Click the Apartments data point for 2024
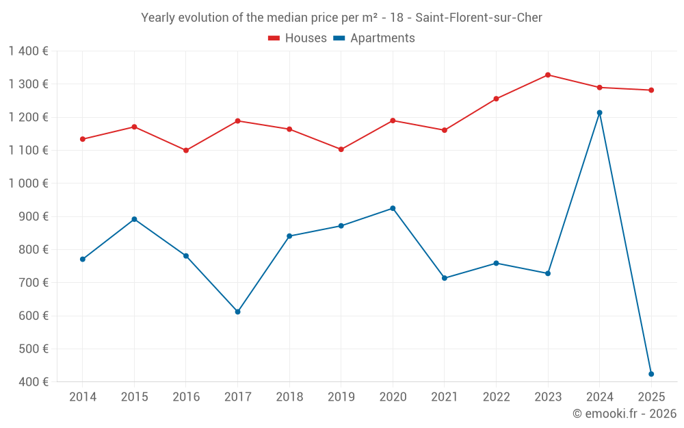pos(599,112)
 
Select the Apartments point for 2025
pos(651,374)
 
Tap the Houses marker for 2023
pos(548,75)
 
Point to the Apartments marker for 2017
pos(237,312)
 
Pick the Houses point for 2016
pos(186,150)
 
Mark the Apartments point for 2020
pos(393,208)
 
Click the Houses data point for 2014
pos(82,139)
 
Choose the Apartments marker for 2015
pos(134,219)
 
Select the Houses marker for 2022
pos(496,99)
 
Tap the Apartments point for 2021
pos(445,278)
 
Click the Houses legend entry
pos(298,38)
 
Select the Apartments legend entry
pos(374,38)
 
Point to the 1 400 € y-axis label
pos(29,51)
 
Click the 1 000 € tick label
pos(29,184)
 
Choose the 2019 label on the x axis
pos(341,397)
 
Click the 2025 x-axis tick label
pos(651,397)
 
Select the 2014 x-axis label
pos(82,397)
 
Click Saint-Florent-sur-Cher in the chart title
pos(479,18)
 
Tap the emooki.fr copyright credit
pos(624,414)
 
